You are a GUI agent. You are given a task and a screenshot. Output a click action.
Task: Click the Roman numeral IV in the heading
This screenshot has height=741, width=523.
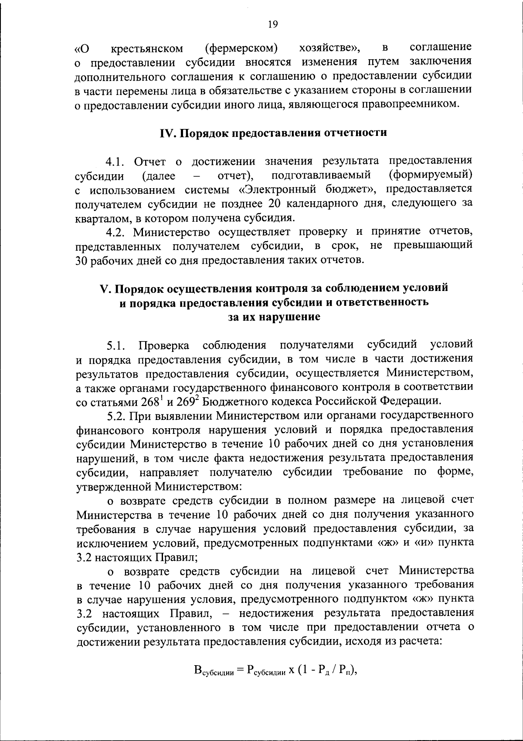point(167,132)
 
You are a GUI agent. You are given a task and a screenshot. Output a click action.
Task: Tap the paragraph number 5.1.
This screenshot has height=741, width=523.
point(116,346)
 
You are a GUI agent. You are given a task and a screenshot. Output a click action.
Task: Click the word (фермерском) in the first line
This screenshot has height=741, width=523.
point(241,47)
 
